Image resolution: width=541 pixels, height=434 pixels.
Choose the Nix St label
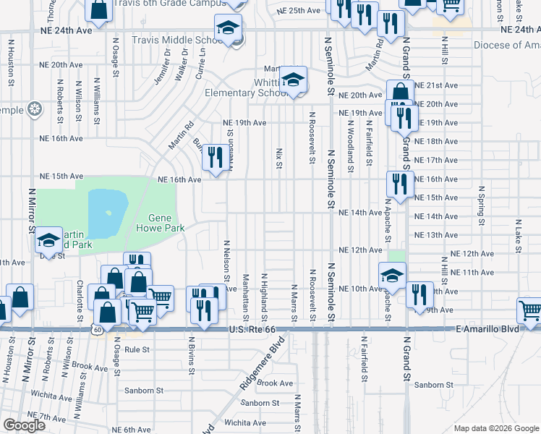[278, 159]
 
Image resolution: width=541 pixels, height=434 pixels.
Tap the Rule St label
[136, 349]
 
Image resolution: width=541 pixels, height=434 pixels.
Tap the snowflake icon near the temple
[33, 110]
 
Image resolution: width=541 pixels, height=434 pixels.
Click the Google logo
[24, 425]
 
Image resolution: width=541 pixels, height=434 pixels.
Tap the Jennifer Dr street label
[161, 67]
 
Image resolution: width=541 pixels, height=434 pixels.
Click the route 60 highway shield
[96, 329]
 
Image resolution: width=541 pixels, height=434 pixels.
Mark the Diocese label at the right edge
[506, 45]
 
